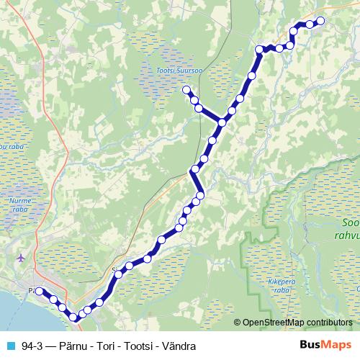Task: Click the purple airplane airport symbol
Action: pos(19,256)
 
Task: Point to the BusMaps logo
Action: pos(325,346)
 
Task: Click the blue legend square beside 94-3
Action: pos(10,346)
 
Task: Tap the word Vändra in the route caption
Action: pos(181,346)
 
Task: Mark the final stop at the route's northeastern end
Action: pos(320,21)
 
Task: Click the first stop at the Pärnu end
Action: pos(40,292)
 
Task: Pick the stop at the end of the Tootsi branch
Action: pos(186,90)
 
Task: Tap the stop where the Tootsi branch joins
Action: pos(222,122)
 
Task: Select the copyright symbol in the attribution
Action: pos(238,323)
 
